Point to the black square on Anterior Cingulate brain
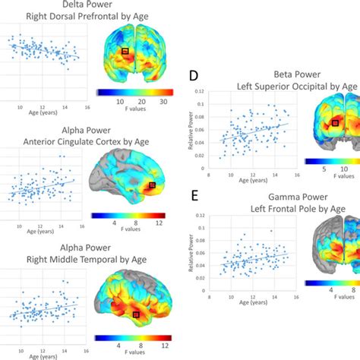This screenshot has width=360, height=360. click(152, 185)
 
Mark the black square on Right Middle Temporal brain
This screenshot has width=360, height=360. click(137, 314)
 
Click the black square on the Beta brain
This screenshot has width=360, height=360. click(335, 122)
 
